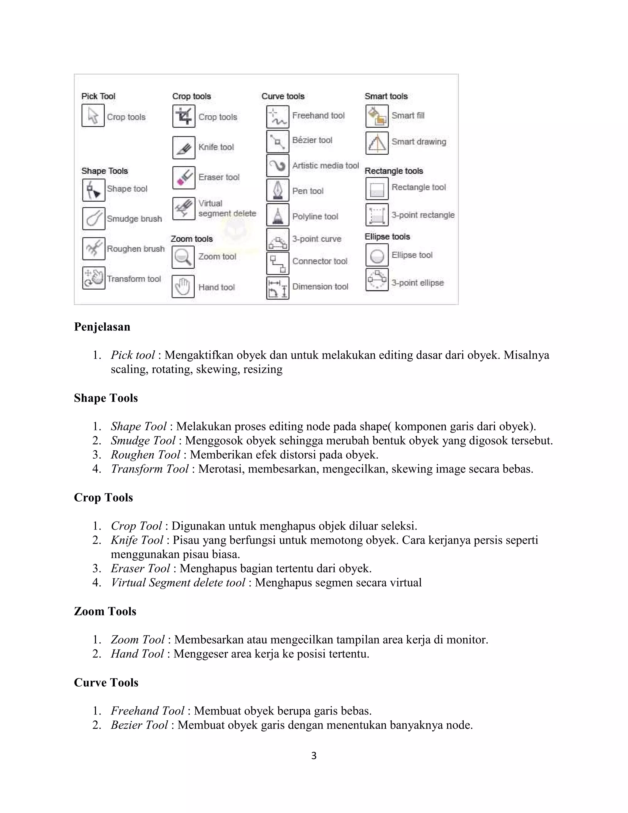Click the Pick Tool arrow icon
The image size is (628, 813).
93,115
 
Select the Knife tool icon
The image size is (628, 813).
184,147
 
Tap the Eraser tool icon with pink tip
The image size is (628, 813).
184,178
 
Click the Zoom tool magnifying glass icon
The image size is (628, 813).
183,257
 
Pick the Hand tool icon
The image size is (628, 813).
183,287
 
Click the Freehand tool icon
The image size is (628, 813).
278,117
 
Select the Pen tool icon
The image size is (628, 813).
278,190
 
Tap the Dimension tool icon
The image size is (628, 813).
278,288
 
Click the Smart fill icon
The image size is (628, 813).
377,116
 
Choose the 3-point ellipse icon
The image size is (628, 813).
377,279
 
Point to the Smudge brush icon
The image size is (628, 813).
94,218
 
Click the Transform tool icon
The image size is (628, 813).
94,278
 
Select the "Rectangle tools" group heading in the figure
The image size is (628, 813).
394,171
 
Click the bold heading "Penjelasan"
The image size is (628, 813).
102,327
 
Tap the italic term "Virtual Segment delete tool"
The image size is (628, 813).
178,583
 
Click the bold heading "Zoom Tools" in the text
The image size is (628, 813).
105,611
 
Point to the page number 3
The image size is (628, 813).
314,756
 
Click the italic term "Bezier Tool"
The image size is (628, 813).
139,725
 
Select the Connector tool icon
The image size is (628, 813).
278,263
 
